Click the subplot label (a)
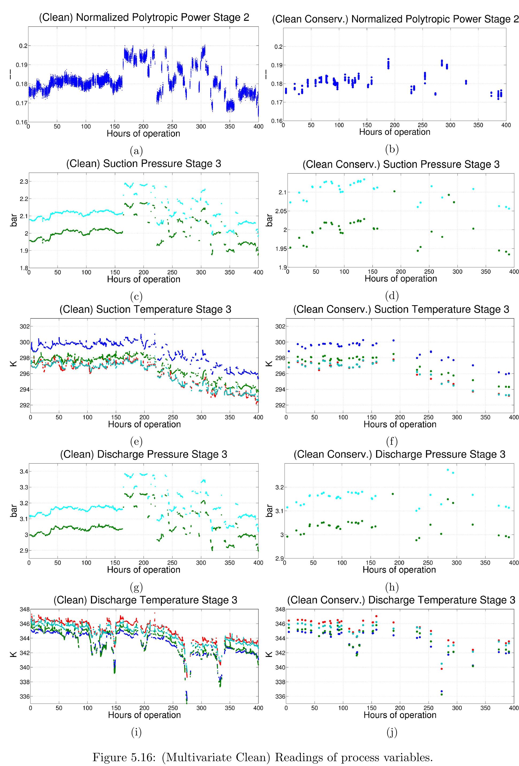(136, 151)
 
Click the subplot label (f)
(392, 441)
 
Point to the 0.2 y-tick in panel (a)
(22, 46)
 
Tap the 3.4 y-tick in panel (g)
(22, 471)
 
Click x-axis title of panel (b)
(394, 132)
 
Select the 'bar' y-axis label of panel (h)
(269, 510)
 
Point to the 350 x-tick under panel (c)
(230, 272)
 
